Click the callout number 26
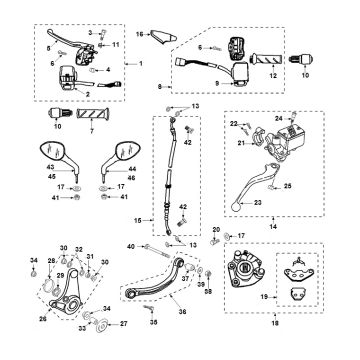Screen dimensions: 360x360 (43, 321)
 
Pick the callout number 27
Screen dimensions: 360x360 (124, 325)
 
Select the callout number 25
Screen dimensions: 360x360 (289, 185)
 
